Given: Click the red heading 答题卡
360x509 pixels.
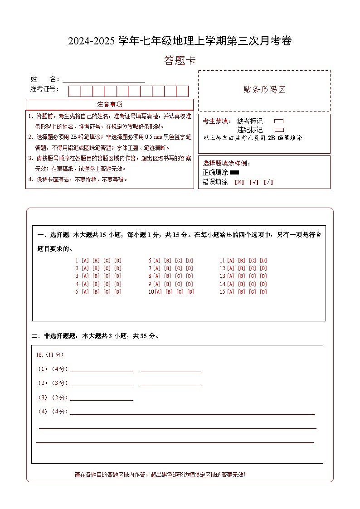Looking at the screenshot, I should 180,61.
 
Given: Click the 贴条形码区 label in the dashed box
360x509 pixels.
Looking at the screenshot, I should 264,90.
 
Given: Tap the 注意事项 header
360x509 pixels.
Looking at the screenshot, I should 109,105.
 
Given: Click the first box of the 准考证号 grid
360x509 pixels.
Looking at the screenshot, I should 74,91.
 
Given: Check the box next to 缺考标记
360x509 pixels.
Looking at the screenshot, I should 279,121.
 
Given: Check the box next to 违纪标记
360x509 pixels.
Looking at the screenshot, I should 279,130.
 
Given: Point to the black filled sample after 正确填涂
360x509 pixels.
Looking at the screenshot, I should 234,173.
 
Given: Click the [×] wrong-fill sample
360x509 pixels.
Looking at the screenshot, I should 239,182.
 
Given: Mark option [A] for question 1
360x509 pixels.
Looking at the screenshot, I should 85,261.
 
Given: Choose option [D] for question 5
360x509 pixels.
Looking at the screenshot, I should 118,292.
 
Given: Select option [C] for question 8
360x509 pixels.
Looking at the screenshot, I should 179,276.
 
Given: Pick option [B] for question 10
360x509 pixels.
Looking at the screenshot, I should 169,292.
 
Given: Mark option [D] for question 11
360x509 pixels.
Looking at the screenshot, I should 263,261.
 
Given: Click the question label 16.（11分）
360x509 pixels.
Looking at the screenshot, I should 50,355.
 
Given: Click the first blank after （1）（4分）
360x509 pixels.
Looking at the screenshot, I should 102,369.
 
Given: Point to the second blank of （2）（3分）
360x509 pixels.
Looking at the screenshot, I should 170,384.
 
